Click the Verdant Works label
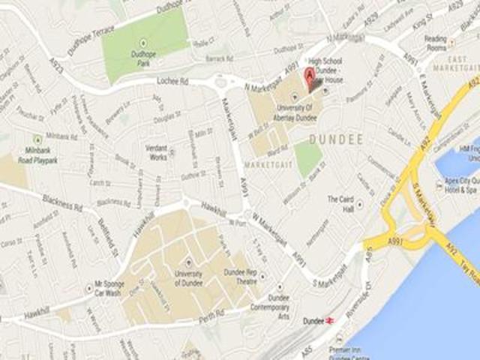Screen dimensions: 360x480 [157, 152]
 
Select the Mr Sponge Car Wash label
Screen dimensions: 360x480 [109, 289]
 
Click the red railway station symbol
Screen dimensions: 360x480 [328, 320]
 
